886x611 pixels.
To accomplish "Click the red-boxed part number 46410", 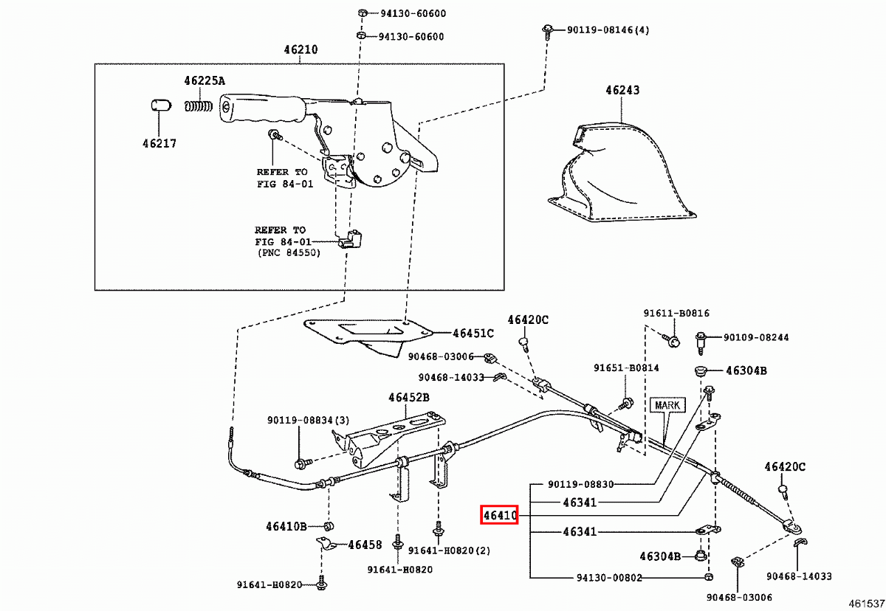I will click(x=499, y=514).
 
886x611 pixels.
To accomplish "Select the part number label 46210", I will click(x=301, y=50).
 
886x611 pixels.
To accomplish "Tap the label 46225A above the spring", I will click(x=205, y=80).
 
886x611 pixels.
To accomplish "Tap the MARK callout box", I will click(x=667, y=405).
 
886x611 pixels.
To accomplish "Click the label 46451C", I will click(x=473, y=333).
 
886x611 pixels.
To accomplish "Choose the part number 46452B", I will click(x=409, y=398).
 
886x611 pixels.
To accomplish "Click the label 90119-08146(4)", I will click(x=608, y=30).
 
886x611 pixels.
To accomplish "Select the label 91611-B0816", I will click(x=676, y=314).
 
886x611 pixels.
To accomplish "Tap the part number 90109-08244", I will click(x=755, y=337).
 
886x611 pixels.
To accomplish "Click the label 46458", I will click(x=365, y=545).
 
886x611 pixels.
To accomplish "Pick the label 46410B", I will click(x=286, y=526).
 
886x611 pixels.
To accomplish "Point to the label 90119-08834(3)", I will click(x=308, y=421).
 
